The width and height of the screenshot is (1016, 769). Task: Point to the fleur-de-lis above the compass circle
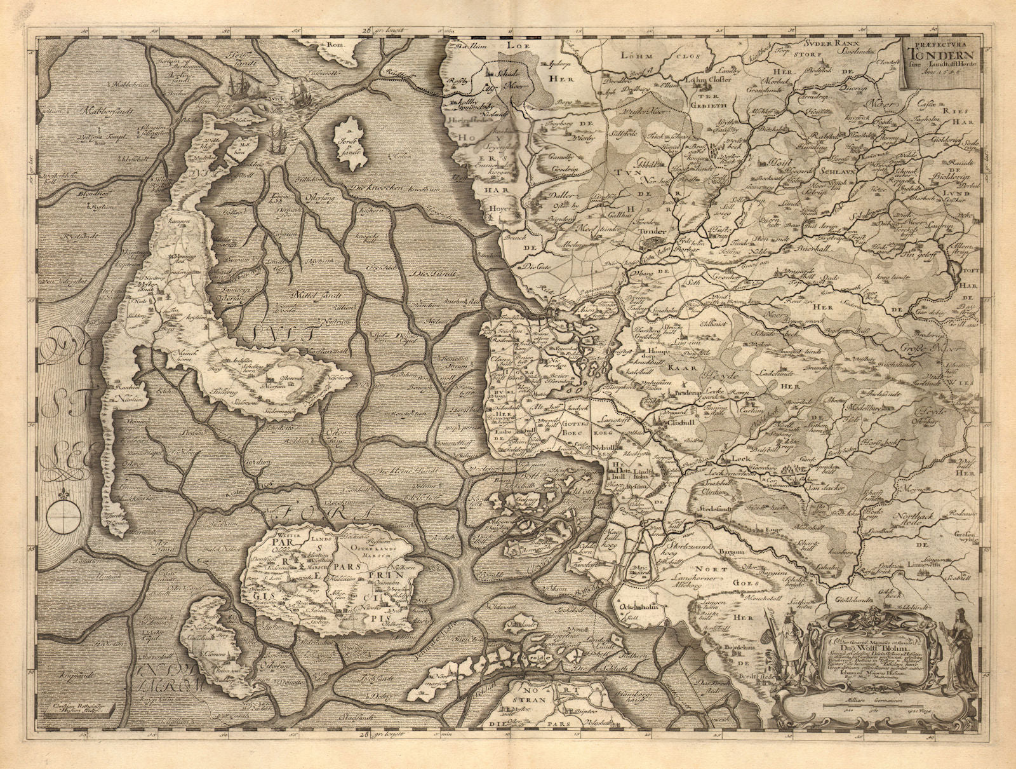coord(64,491)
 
